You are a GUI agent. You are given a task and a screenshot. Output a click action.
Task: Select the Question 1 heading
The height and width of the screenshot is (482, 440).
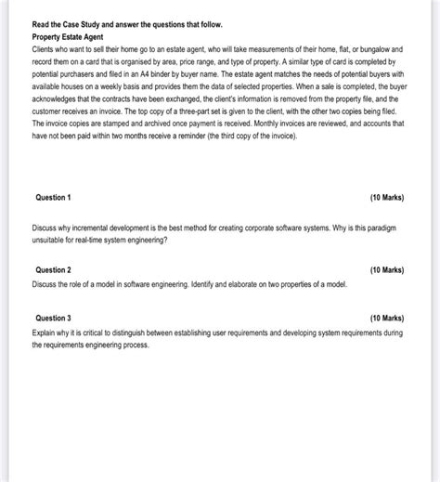[53, 198]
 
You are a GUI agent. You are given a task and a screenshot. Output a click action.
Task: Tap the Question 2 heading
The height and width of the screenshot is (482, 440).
[53, 270]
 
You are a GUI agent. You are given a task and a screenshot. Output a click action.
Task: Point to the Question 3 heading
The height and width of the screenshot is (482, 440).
[53, 318]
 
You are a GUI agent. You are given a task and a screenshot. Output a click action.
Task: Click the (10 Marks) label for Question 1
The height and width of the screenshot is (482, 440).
[386, 198]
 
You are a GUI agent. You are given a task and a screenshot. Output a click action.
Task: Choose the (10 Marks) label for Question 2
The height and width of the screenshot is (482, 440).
[386, 270]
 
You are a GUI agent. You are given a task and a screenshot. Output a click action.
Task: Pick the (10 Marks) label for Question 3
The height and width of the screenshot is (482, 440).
[386, 318]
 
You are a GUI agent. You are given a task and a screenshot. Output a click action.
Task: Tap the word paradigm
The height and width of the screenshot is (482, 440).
[378, 228]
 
